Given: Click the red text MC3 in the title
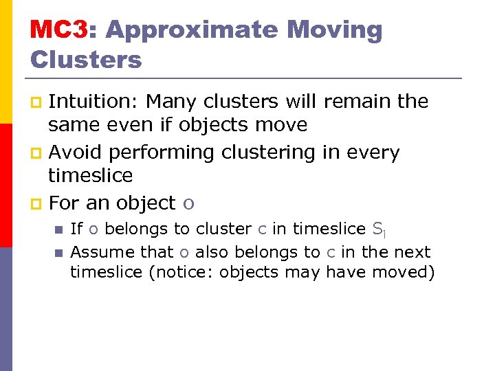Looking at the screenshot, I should [x=58, y=30].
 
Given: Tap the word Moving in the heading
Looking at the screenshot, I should [x=334, y=30].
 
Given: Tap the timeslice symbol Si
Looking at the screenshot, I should [x=378, y=229].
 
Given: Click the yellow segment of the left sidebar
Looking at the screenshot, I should [x=6, y=62].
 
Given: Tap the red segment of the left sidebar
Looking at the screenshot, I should [x=6, y=185].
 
